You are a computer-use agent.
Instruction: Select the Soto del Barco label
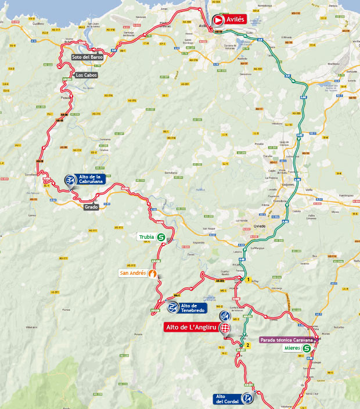87,57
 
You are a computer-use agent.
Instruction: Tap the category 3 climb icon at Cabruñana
70,180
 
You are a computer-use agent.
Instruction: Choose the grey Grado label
91,206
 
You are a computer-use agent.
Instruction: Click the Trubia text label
146,237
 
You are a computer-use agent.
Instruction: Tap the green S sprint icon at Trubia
161,237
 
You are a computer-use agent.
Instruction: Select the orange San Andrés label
132,273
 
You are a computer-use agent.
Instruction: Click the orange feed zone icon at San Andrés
152,273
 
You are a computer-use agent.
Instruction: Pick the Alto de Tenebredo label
193,308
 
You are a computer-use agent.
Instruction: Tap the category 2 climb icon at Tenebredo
173,308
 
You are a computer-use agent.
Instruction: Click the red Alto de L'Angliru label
189,328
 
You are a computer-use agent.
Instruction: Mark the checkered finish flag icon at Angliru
224,328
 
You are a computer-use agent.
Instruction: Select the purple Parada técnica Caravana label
287,340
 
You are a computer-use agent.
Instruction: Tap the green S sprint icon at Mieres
306,349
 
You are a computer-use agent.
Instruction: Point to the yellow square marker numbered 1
249,280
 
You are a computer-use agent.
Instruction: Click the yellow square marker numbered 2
248,345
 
